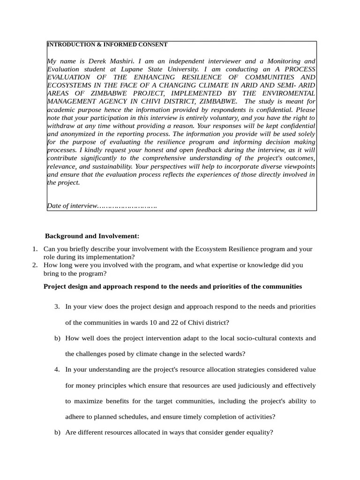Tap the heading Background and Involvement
point(92,236)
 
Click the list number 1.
point(35,249)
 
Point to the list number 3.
point(57,306)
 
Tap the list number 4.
point(57,369)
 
